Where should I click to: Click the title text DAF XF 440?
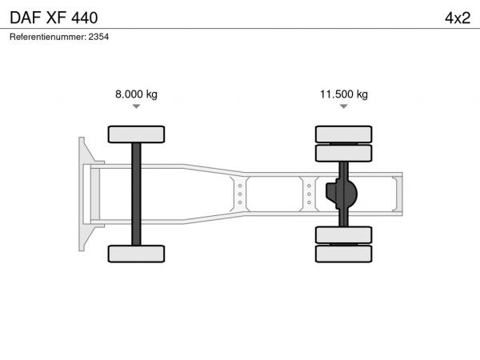(54, 18)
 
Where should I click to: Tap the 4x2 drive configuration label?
(458, 18)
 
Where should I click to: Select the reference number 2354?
(98, 37)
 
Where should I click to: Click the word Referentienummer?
(47, 37)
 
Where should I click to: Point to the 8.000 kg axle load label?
(136, 94)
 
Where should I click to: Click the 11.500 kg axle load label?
(344, 94)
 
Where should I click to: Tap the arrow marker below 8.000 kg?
(136, 106)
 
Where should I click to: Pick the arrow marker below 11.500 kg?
(344, 106)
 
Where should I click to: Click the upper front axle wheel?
(136, 134)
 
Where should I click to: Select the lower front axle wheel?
(136, 254)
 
